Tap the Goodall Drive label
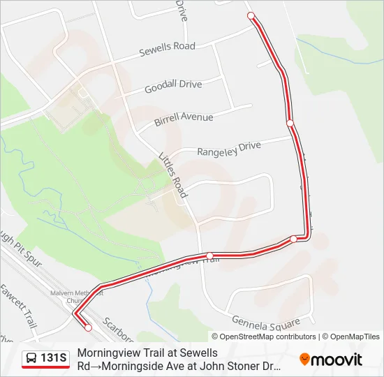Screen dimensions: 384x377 click(x=173, y=86)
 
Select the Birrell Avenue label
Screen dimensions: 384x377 click(x=184, y=118)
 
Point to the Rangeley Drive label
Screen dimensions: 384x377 click(x=228, y=148)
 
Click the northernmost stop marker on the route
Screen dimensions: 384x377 click(x=251, y=15)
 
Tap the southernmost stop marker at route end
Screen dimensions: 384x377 click(x=88, y=327)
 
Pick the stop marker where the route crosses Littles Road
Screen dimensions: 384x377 click(x=209, y=256)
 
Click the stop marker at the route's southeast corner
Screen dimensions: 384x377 click(x=293, y=239)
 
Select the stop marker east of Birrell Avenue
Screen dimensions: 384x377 click(x=290, y=123)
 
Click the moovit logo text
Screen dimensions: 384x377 click(x=337, y=360)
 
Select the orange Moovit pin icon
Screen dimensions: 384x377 click(x=304, y=360)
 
